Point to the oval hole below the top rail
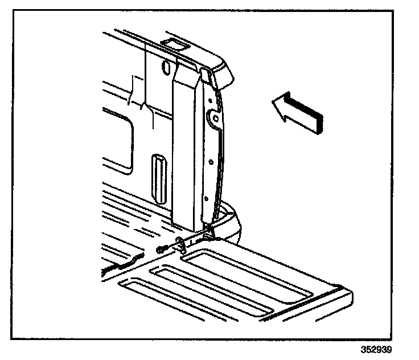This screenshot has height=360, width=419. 166,67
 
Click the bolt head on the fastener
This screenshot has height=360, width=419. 162,249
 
